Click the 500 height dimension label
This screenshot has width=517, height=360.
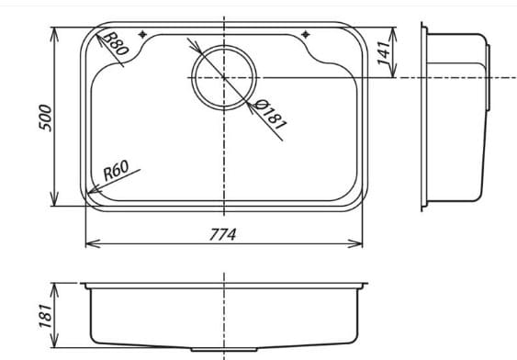click(45, 118)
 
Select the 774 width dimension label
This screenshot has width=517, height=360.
click(223, 235)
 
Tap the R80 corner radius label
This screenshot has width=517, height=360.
click(115, 43)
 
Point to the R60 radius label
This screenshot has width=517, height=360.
click(116, 171)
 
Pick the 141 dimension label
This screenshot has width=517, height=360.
click(383, 52)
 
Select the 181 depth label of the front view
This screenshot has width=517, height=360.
click(46, 316)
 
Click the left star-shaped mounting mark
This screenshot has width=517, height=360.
click(142, 34)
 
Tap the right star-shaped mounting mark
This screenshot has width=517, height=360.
click(306, 34)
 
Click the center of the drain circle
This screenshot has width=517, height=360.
click(224, 78)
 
